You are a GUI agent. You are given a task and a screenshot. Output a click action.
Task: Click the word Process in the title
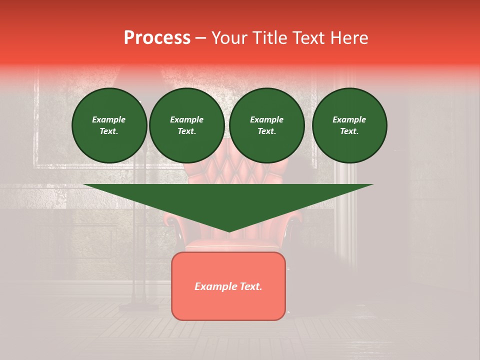click(157, 38)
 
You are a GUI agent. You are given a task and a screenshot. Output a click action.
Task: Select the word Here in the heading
click(349, 38)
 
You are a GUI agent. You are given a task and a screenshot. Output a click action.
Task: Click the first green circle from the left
click(109, 125)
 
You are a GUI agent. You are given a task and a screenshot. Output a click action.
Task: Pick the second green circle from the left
click(187, 125)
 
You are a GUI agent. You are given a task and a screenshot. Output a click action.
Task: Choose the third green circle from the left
click(267, 125)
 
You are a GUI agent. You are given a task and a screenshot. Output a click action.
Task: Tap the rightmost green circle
click(349, 125)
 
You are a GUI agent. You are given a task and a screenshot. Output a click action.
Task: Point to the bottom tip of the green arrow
click(228, 231)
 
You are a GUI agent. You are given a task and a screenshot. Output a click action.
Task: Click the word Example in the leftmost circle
click(109, 119)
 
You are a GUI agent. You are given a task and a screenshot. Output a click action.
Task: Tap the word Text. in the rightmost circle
click(349, 131)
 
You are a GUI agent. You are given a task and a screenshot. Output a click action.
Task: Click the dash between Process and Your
click(201, 38)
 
